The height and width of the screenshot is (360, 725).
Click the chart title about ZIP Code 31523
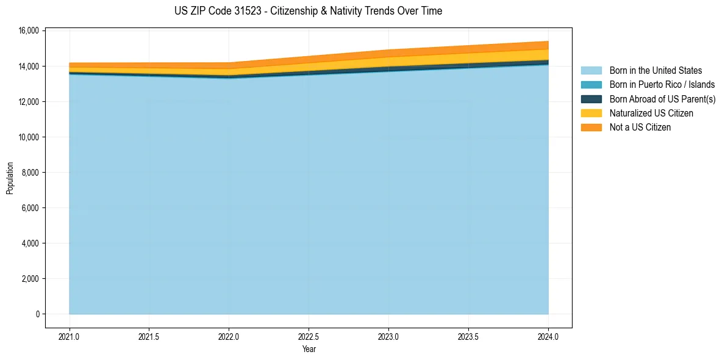tap(308, 11)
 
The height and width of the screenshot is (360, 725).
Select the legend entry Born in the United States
tap(655, 71)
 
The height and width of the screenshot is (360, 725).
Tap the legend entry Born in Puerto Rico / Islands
tap(662, 85)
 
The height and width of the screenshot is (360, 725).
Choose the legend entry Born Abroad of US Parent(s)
tap(662, 99)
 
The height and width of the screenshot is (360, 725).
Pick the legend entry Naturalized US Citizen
tap(651, 113)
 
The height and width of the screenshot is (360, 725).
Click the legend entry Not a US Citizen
tap(640, 128)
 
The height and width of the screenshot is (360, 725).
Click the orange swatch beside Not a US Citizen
tap(591, 128)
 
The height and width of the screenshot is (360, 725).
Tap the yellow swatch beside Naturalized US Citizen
tap(591, 113)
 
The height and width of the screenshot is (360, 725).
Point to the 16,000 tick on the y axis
tap(29, 31)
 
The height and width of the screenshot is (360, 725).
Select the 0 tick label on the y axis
tap(37, 314)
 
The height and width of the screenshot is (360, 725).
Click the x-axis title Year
tap(309, 349)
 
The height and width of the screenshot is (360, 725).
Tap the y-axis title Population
tap(10, 178)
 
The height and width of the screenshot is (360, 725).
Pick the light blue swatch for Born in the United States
tap(591, 71)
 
